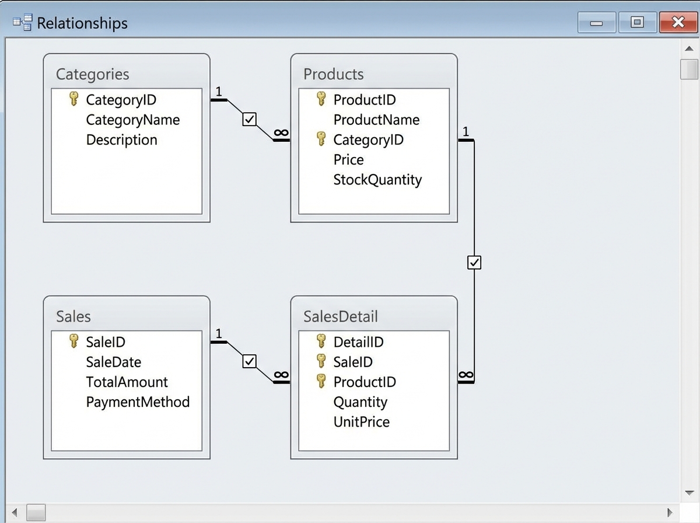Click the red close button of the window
pyautogui.click(x=677, y=23)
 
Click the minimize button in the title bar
pyautogui.click(x=596, y=23)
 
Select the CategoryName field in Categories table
pyautogui.click(x=132, y=120)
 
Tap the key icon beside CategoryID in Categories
pyautogui.click(x=73, y=99)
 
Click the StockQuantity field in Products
pyautogui.click(x=377, y=180)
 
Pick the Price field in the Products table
pyautogui.click(x=348, y=160)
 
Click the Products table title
pyautogui.click(x=333, y=74)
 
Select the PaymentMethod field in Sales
pyautogui.click(x=138, y=402)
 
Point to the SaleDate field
pyautogui.click(x=113, y=362)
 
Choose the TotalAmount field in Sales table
pyautogui.click(x=127, y=382)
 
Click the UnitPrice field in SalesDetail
pyautogui.click(x=361, y=422)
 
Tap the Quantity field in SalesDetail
pyautogui.click(x=360, y=402)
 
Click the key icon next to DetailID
pyautogui.click(x=321, y=341)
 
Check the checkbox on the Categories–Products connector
pyautogui.click(x=249, y=120)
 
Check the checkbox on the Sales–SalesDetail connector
pyautogui.click(x=249, y=362)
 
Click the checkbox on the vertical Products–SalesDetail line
pyautogui.click(x=474, y=263)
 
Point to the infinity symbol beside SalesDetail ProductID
pyautogui.click(x=466, y=375)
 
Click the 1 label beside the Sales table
pyautogui.click(x=219, y=334)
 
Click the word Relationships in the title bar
pyautogui.click(x=82, y=23)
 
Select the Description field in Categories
pyautogui.click(x=121, y=140)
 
